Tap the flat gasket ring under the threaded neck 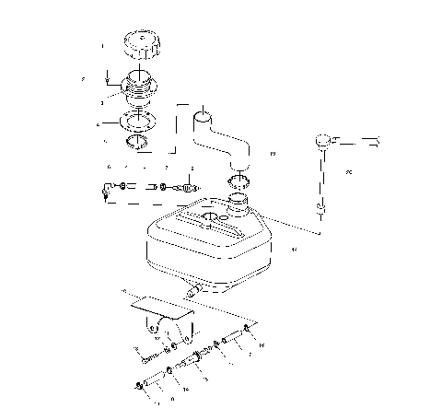click(139, 121)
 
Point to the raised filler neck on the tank click(239, 200)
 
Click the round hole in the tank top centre click(210, 220)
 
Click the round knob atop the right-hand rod click(323, 141)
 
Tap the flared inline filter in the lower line click(195, 359)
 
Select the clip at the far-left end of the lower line click(135, 385)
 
